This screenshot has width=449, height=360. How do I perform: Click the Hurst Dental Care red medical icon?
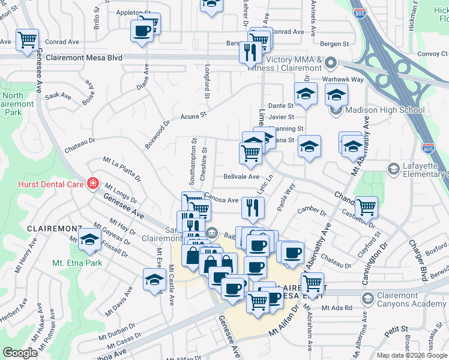click(93, 183)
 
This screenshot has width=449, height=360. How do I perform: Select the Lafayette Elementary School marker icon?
click(393, 169)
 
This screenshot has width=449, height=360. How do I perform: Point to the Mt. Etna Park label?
click(76, 263)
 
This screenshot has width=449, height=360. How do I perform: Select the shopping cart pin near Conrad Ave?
click(28, 40)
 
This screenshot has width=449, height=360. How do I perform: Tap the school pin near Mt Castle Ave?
click(154, 280)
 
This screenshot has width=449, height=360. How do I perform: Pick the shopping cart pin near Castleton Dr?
click(366, 208)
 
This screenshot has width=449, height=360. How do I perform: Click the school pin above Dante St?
click(306, 94)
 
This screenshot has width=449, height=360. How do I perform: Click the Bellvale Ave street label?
click(241, 176)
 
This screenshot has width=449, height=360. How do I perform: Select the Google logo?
click(20, 353)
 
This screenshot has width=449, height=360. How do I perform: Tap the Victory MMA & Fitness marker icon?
click(331, 63)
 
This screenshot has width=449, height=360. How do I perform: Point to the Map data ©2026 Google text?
click(412, 355)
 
